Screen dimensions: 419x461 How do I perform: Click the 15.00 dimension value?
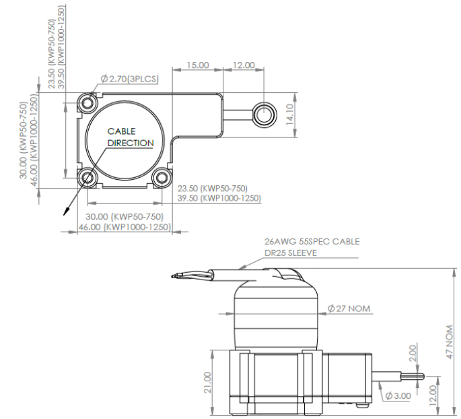(198, 65)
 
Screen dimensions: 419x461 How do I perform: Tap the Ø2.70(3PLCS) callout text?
(129, 79)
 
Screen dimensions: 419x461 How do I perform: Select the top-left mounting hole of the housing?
(87, 102)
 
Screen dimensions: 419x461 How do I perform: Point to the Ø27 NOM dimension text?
(349, 309)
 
